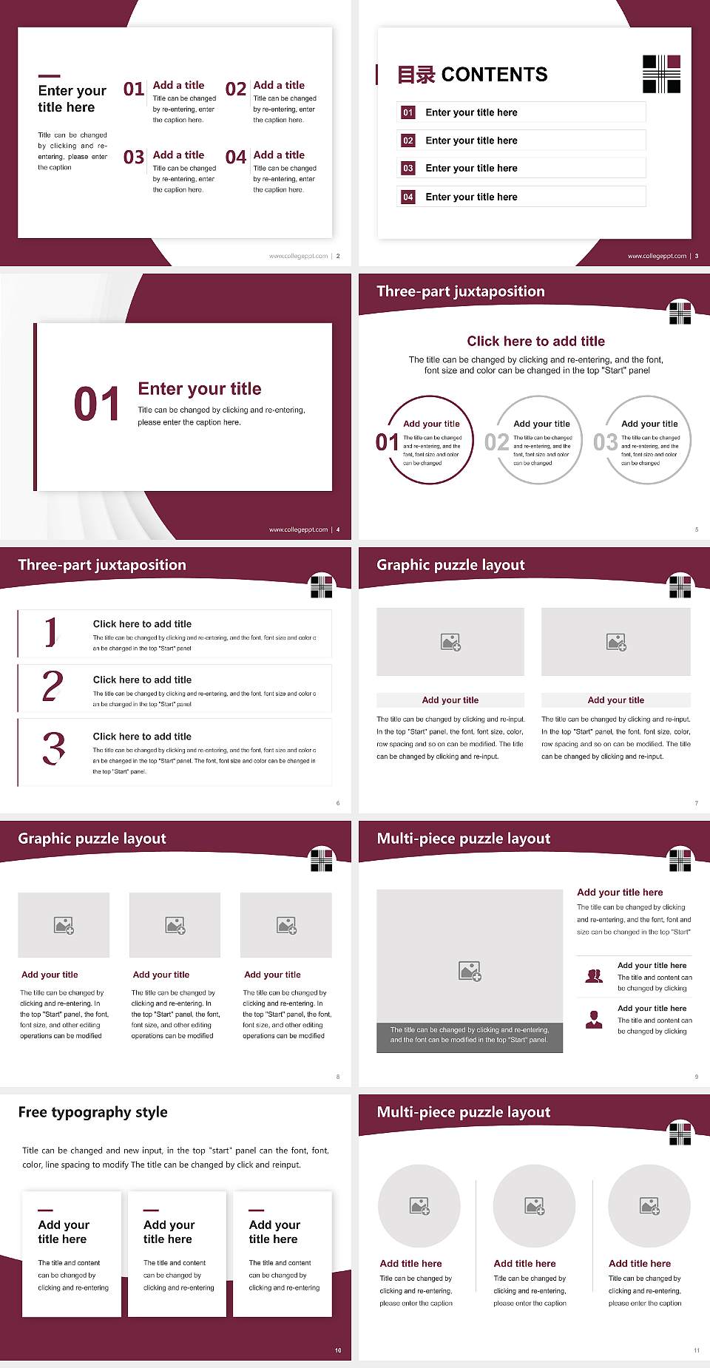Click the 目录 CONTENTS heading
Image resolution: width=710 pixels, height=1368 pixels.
point(473,75)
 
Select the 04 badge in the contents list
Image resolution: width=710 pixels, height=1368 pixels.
point(408,197)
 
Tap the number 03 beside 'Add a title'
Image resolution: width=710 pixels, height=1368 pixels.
point(134,158)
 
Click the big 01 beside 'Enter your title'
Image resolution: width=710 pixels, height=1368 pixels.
point(97,404)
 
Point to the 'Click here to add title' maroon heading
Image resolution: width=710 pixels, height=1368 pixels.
point(535,341)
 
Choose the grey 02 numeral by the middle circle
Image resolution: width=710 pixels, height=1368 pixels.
point(496,442)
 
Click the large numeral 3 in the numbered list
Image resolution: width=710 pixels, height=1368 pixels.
point(53,748)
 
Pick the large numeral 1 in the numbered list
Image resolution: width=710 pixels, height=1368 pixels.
point(50,632)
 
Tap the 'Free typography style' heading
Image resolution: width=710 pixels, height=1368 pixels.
point(92,1112)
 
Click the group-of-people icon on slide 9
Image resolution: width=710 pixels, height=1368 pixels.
point(594,976)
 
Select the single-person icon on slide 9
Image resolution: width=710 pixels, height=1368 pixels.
point(594,1020)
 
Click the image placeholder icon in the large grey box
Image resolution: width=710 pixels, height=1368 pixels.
point(470,971)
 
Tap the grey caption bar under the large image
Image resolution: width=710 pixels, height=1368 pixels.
point(470,1035)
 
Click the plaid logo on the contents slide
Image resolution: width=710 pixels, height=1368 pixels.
point(661,74)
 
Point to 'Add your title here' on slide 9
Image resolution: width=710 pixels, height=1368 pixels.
point(620,893)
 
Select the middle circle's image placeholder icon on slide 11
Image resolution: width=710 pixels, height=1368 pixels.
point(535,1206)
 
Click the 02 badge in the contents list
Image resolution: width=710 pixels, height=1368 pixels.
point(408,140)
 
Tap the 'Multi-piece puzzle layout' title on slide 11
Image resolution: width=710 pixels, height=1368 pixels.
point(464,1112)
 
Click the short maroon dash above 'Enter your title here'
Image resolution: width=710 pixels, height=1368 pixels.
point(49,75)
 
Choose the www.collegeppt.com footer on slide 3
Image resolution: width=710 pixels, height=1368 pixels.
point(657,256)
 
